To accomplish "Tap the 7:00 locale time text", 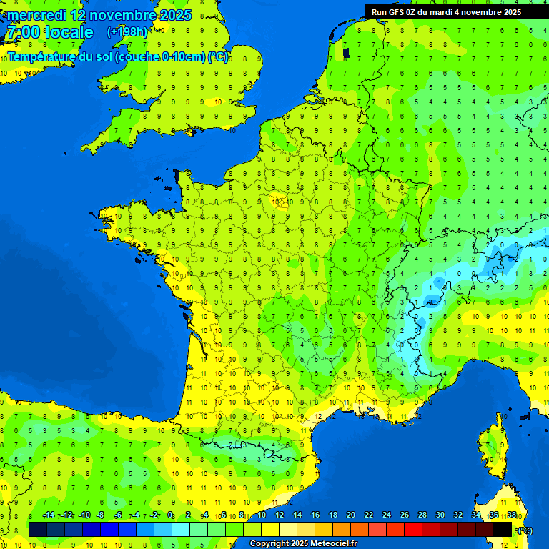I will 49,32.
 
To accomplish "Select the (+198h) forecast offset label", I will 127,32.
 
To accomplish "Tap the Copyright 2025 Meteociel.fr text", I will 303,544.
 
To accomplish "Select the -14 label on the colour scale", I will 49,515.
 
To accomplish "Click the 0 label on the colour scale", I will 170,515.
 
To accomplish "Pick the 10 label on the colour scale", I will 262,515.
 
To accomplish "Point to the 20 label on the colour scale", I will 351,515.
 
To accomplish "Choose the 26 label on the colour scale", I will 405,515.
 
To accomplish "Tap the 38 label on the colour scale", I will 512,515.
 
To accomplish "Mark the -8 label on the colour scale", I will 101,515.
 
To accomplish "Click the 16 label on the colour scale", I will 315,515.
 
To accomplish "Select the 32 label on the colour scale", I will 458,515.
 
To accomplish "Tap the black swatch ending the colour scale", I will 503,529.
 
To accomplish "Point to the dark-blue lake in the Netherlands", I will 347,51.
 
